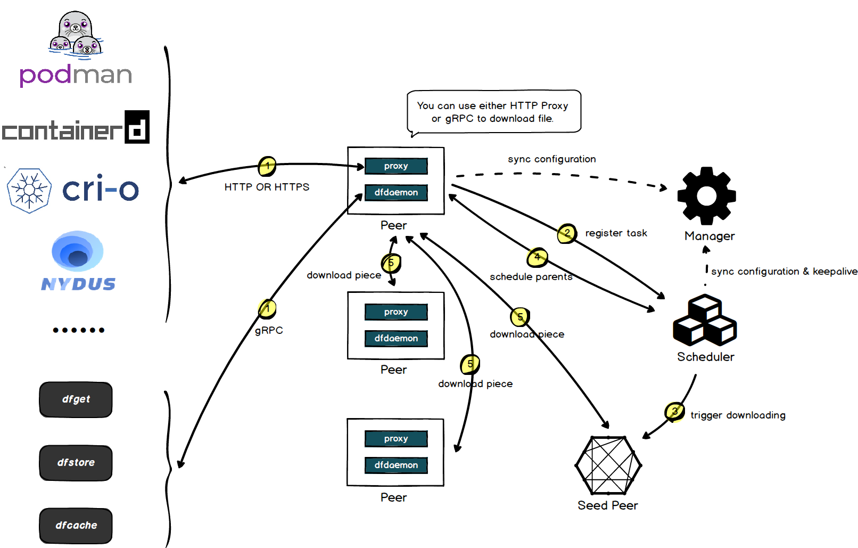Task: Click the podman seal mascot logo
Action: pyautogui.click(x=76, y=35)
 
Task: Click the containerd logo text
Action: pyautogui.click(x=75, y=128)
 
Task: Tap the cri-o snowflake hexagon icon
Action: pyautogui.click(x=30, y=191)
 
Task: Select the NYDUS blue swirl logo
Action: pyautogui.click(x=78, y=252)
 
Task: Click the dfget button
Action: pyautogui.click(x=76, y=399)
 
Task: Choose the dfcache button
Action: pyautogui.click(x=76, y=526)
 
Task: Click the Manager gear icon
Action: pyautogui.click(x=706, y=195)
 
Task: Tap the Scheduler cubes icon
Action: pyautogui.click(x=705, y=321)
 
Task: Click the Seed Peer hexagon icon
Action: pyautogui.click(x=608, y=465)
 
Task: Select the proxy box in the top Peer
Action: pyautogui.click(x=396, y=166)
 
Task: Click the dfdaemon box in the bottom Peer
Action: pyautogui.click(x=396, y=465)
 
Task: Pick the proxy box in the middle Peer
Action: pyautogui.click(x=396, y=312)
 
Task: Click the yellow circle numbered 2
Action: pyautogui.click(x=567, y=233)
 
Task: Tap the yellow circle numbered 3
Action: pyautogui.click(x=674, y=411)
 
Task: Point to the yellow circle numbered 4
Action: pyautogui.click(x=537, y=257)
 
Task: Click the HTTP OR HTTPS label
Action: pyautogui.click(x=267, y=187)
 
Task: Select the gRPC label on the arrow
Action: pyautogui.click(x=269, y=330)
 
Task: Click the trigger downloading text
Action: pyautogui.click(x=738, y=415)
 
